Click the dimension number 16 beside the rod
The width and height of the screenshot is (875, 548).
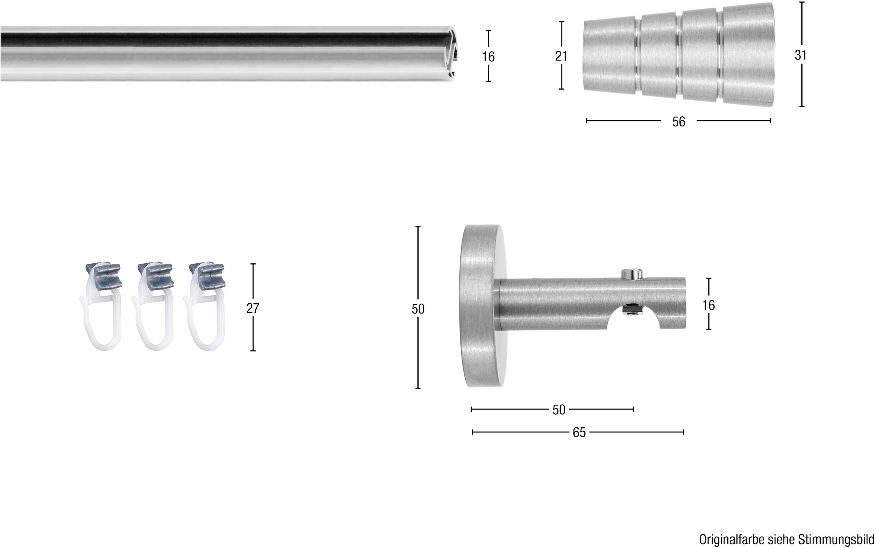pyautogui.click(x=488, y=57)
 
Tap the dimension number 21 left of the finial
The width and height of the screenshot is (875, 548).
pyautogui.click(x=561, y=56)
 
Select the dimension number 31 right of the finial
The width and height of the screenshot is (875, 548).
pyautogui.click(x=801, y=55)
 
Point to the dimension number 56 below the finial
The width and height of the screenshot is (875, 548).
pyautogui.click(x=679, y=122)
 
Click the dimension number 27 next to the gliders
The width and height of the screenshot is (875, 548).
pyautogui.click(x=253, y=308)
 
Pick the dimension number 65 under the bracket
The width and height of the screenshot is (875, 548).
pyautogui.click(x=579, y=432)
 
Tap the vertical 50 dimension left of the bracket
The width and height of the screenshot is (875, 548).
pyautogui.click(x=418, y=309)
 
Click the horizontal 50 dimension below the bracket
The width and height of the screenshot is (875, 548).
pyautogui.click(x=559, y=410)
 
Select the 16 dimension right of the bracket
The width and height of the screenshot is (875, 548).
pyautogui.click(x=708, y=305)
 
